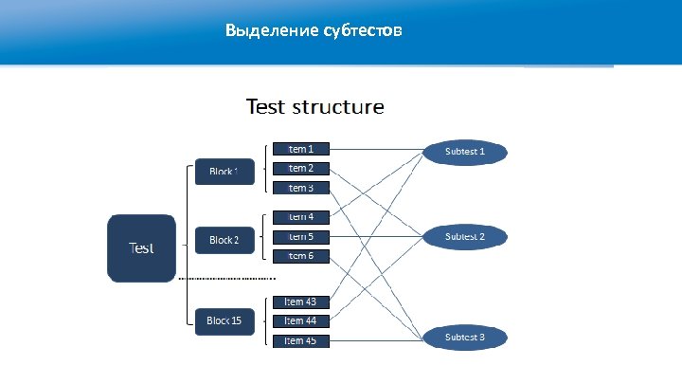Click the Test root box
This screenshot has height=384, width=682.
[x=142, y=248]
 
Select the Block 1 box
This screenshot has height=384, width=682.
[x=224, y=172]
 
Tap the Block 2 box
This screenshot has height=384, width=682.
[x=224, y=240]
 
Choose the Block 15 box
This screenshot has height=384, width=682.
[x=224, y=320]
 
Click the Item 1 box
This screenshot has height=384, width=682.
[x=301, y=149]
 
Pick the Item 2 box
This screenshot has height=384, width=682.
[x=301, y=168]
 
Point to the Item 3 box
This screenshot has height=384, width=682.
[x=301, y=188]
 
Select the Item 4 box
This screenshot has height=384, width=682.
[x=301, y=217]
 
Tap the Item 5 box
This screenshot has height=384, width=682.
[x=301, y=236]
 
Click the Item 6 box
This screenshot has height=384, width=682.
[x=301, y=256]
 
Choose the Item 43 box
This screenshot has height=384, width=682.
[x=301, y=302]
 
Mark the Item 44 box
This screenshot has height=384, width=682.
[x=301, y=321]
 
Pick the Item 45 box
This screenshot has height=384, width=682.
[x=301, y=340]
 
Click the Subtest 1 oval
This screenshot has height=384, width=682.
[x=465, y=151]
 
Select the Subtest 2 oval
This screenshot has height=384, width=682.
[x=465, y=235]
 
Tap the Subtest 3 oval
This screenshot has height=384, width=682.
[x=465, y=337]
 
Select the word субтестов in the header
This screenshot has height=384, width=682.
[x=368, y=31]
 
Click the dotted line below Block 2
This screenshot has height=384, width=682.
[x=227, y=279]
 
